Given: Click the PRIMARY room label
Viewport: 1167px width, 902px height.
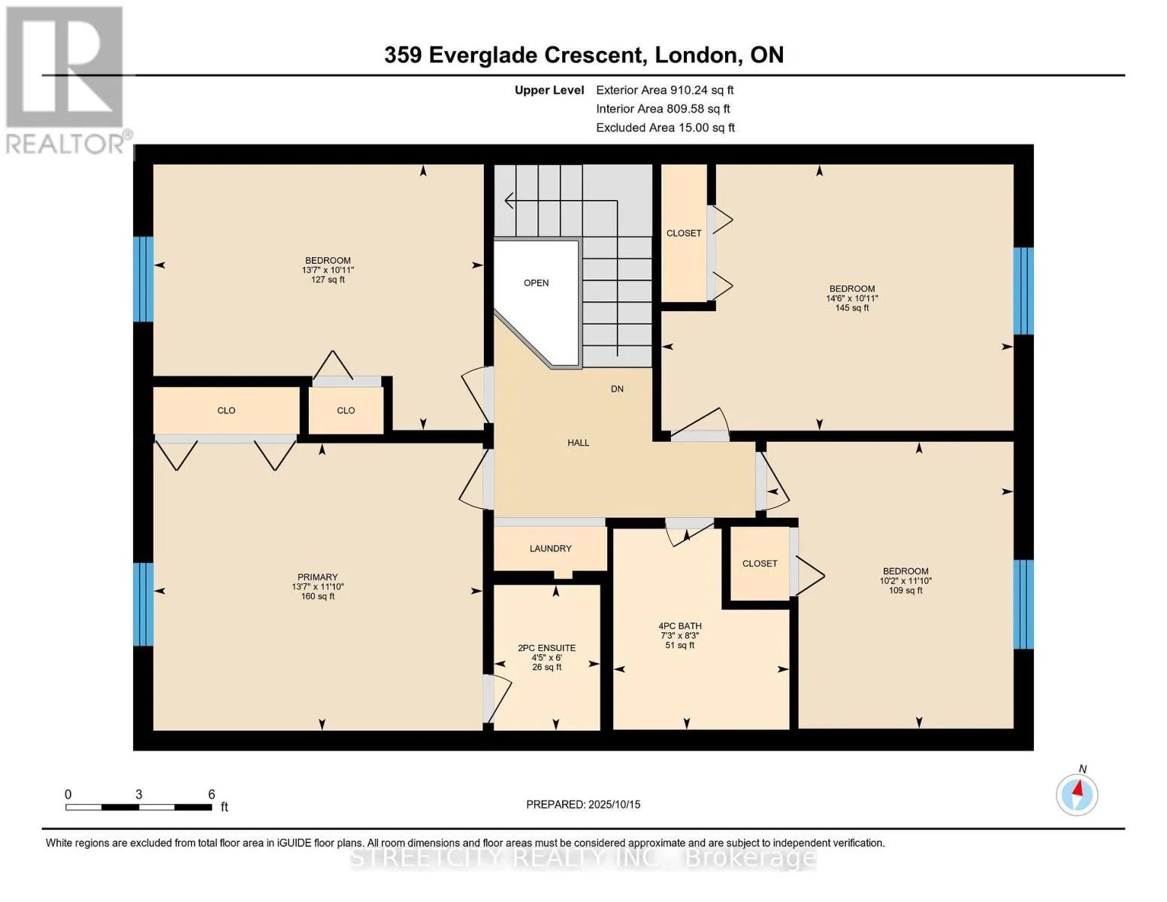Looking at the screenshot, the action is [317, 577].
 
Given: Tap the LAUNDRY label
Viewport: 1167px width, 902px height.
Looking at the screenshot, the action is [550, 549].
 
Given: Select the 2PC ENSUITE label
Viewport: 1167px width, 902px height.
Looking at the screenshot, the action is [546, 648].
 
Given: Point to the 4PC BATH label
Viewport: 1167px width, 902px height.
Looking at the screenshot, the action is [680, 626].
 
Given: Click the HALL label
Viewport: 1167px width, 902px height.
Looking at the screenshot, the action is [578, 443].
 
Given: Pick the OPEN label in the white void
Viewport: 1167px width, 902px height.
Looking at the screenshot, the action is [536, 283].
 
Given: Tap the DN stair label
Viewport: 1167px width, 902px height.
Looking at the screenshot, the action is [616, 389].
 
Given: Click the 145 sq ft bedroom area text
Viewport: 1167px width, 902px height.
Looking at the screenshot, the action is [851, 308].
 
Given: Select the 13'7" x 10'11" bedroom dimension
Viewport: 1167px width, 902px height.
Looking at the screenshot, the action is [328, 270].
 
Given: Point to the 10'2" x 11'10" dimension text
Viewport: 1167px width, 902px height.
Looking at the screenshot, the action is [905, 581].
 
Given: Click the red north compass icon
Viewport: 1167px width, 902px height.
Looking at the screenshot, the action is [1077, 795].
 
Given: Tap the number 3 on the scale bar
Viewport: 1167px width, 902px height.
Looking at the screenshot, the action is [138, 795].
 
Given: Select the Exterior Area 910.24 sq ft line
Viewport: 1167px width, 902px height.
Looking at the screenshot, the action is [664, 90].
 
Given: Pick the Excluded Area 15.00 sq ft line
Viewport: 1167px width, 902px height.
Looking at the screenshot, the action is [665, 128].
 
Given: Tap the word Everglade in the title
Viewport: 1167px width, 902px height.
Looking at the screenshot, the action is [482, 56].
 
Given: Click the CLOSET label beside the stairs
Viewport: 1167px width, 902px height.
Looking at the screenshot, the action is [684, 233].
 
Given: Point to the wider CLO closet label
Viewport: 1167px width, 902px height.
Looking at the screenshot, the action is [226, 410].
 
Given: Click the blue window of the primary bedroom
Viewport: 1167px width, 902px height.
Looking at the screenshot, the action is [143, 604].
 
